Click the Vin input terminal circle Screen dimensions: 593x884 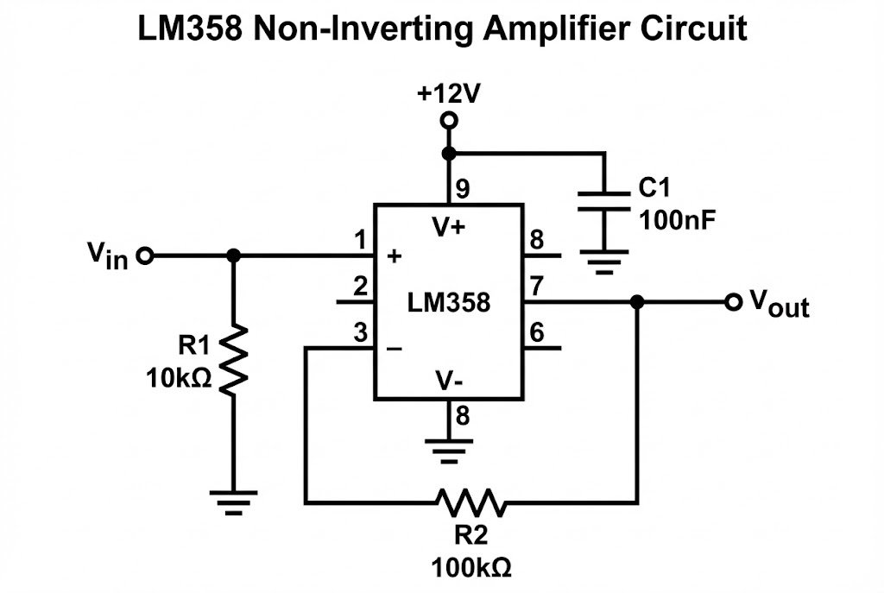[146, 256]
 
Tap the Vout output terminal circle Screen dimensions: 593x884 [734, 302]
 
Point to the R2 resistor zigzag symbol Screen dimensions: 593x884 [471, 502]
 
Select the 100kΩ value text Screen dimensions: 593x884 [471, 567]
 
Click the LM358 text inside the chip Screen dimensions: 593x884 [448, 303]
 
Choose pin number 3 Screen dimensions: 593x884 [360, 331]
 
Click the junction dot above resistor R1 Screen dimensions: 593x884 [233, 256]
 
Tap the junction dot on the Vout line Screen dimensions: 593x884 [637, 302]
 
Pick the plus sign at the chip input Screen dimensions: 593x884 [395, 256]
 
